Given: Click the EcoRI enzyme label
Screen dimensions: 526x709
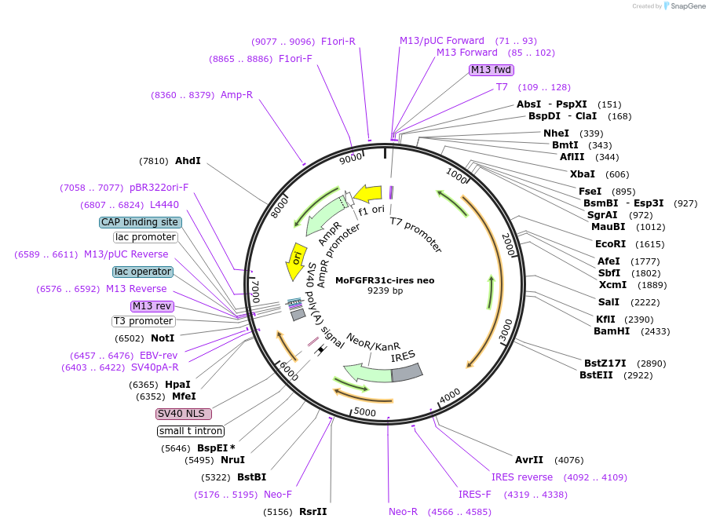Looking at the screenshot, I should point(609,244).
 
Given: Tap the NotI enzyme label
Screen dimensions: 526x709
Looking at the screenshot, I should point(163,338).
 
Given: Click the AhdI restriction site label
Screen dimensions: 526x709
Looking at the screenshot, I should point(188,161).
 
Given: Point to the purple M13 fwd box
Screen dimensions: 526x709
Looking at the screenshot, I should point(491,70).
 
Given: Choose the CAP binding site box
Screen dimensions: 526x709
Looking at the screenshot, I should point(141,222).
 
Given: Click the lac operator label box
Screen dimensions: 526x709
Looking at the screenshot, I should point(142,272).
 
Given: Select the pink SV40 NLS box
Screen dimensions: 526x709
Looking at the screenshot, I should point(184,414).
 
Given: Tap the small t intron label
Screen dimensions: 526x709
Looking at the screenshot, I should point(191,431).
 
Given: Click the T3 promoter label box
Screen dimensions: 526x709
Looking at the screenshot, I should point(143,321).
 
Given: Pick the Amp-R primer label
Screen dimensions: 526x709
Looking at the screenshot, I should point(236,95).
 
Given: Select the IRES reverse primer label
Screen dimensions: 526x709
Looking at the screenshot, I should point(522,477).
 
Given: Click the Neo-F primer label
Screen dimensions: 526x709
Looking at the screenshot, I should point(278,495).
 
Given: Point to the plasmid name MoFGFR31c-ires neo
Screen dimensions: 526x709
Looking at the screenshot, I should point(385,280).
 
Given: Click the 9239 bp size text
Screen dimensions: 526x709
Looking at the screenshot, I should point(385,291).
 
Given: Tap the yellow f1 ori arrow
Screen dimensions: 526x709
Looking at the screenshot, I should point(367,192).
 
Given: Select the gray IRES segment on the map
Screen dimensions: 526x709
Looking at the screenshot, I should point(407,373).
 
